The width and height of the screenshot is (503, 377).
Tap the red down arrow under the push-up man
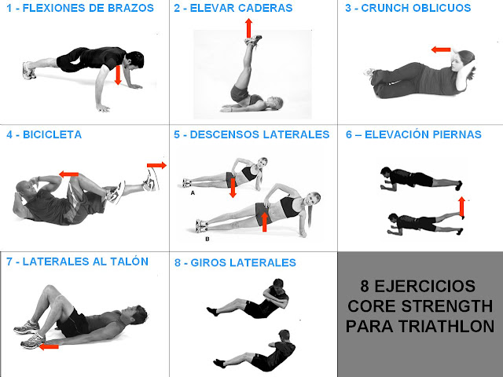118,75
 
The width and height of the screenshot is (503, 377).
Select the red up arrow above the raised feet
248,28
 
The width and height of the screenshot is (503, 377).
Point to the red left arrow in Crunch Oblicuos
441,49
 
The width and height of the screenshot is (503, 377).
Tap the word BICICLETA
52,134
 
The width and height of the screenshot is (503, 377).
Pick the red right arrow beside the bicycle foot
157,166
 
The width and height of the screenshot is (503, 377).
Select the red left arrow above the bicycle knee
69,174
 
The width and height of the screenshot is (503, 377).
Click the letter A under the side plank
193,193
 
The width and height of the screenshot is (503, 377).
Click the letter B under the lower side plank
207,239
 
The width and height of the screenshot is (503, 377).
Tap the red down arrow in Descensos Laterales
233,188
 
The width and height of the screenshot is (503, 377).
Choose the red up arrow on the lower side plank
264,221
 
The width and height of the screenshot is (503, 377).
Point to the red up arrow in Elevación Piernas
461,207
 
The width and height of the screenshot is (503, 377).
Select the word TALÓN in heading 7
129,262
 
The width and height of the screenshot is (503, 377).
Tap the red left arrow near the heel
49,346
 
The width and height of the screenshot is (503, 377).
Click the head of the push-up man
134,60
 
